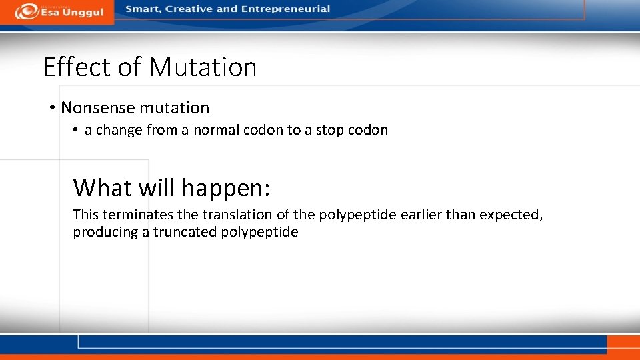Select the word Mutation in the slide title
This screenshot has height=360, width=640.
coord(203,67)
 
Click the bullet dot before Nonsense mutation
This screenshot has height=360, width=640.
coord(52,108)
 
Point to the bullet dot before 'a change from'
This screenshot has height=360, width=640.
coord(77,130)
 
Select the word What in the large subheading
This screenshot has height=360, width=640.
coord(103,188)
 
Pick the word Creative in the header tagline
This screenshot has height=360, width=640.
coord(189,9)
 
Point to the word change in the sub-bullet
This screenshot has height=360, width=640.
coord(119,130)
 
